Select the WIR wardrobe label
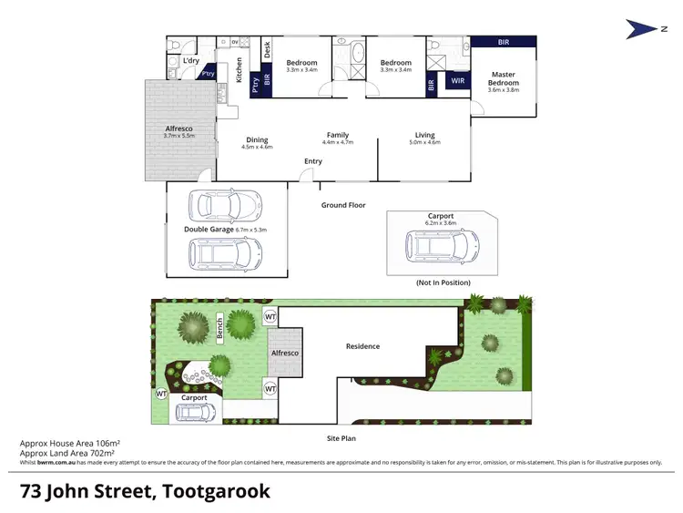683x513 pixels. (457, 82)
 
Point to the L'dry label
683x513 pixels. (191, 60)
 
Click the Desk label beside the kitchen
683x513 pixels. (267, 52)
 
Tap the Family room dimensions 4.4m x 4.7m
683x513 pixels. (337, 142)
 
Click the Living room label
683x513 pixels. (424, 135)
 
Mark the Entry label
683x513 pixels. (313, 161)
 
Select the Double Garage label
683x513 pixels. (209, 230)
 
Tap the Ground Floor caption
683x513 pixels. (343, 205)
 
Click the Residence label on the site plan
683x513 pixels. (362, 346)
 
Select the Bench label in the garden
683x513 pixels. (219, 326)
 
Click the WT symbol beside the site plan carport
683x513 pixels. (160, 394)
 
